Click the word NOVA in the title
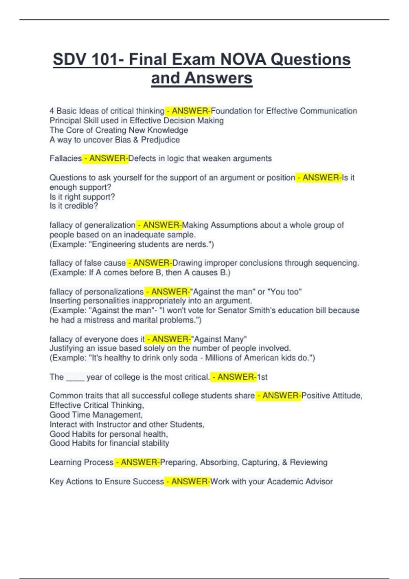[x=243, y=60]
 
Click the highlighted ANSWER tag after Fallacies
[x=105, y=158]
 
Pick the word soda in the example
[x=189, y=358]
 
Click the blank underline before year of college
[x=75, y=377]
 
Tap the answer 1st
[x=262, y=377]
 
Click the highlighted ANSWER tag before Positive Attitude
[x=278, y=395]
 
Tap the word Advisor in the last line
[x=319, y=481]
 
